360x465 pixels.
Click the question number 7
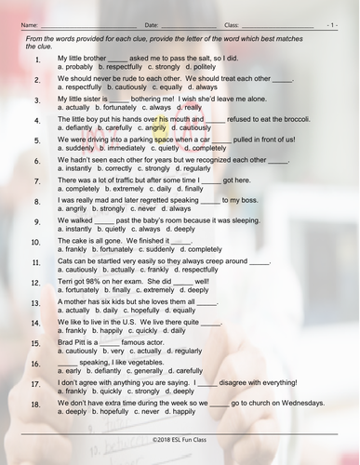coord(36,182)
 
